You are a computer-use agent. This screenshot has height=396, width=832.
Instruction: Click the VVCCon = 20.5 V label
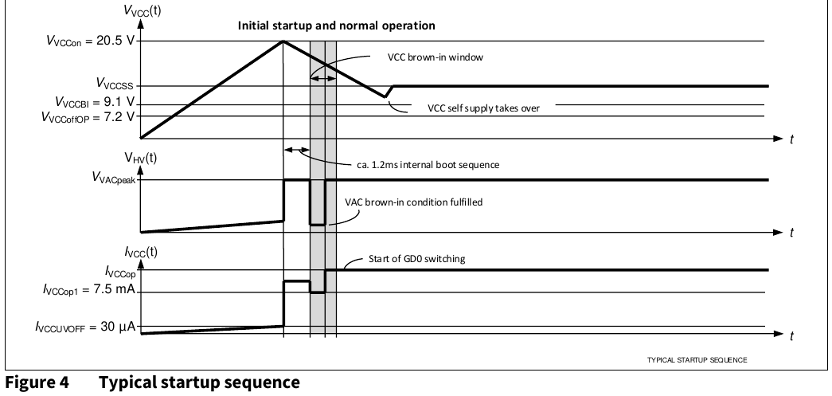(90, 41)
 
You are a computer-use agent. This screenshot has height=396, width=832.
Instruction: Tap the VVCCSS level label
(115, 84)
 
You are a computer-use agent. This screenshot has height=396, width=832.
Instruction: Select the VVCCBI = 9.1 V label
(95, 103)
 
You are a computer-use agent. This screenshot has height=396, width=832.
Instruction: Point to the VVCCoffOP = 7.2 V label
(88, 117)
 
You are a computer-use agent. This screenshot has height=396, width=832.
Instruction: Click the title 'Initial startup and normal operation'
(337, 25)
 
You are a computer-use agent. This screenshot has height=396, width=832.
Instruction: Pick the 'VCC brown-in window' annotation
(435, 57)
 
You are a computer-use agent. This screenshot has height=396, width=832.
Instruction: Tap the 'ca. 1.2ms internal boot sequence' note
(428, 165)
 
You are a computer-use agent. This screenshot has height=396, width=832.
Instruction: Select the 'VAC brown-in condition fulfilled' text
(414, 202)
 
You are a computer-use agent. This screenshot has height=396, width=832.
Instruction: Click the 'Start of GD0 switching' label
(416, 259)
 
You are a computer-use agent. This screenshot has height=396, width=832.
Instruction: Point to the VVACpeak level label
(114, 178)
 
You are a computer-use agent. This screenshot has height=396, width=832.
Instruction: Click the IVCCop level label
(120, 272)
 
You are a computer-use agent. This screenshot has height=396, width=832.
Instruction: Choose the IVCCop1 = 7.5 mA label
(89, 290)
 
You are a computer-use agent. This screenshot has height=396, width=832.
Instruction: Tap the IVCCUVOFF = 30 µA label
(85, 327)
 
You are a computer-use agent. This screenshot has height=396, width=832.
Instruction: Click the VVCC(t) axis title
(143, 10)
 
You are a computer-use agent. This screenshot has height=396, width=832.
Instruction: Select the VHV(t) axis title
(141, 158)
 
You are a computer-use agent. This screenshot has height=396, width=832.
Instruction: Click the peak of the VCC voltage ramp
(283, 41)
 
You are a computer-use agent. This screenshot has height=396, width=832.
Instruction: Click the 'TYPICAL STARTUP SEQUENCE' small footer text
(697, 360)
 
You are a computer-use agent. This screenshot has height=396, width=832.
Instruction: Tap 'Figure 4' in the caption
(37, 382)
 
